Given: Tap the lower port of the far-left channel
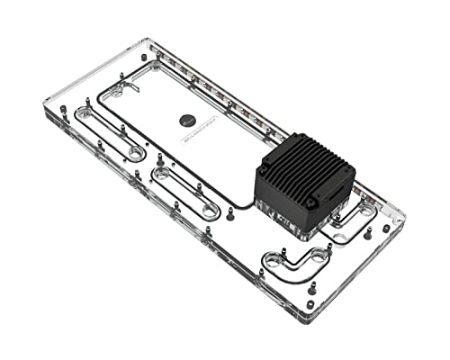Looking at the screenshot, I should tap(135, 154).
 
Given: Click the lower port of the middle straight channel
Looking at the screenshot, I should tap(210, 211).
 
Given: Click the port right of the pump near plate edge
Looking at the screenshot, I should tap(368, 211).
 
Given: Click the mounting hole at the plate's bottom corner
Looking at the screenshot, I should tap(310, 304).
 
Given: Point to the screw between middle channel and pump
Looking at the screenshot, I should tap(231, 214).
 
